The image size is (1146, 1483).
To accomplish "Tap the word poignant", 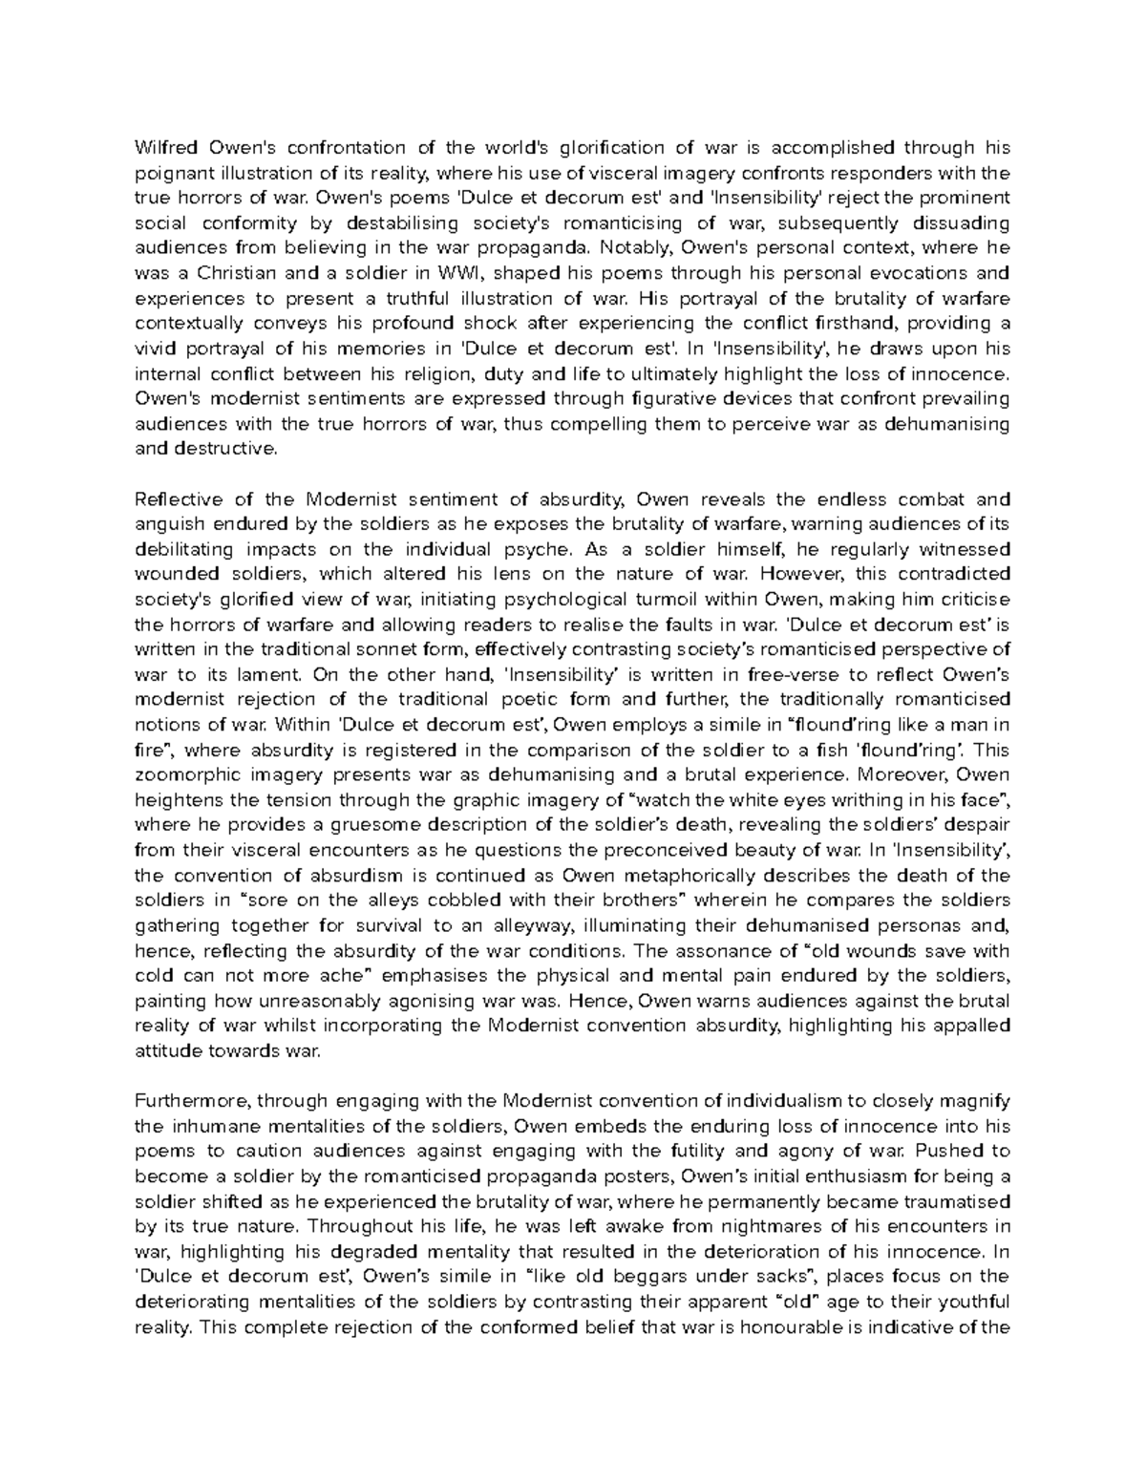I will [x=170, y=173].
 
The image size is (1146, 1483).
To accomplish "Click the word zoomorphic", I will [x=185, y=774].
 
